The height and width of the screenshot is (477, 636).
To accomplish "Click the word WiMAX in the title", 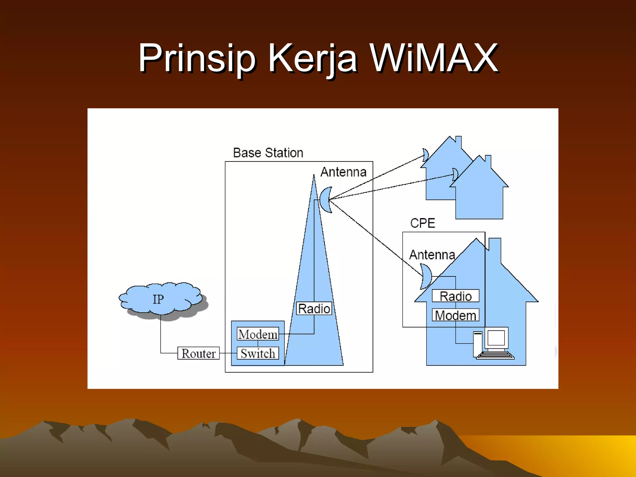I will click(434, 58).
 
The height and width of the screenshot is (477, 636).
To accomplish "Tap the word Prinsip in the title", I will click(197, 58).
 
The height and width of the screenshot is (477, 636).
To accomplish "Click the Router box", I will click(198, 353).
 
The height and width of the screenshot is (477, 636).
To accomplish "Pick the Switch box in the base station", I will click(258, 353).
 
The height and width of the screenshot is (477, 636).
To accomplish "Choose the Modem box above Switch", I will click(258, 334).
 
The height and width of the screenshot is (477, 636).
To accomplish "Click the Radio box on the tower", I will click(314, 309).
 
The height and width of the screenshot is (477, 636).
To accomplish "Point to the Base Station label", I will click(268, 153).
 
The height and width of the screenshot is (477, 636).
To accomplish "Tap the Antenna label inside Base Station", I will click(343, 172).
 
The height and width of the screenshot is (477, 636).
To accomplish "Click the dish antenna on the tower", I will click(326, 200).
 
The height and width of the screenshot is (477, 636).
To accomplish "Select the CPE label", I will click(422, 223).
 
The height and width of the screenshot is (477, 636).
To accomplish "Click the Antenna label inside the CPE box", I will click(432, 255).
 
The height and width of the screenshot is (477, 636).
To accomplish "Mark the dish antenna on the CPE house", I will click(425, 276).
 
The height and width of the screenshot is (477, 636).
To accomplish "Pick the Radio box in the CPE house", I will click(456, 296).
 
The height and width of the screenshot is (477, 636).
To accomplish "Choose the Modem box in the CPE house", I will click(456, 315).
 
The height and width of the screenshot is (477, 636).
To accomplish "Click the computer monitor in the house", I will click(496, 338).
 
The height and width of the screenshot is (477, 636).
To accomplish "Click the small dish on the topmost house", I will click(426, 155).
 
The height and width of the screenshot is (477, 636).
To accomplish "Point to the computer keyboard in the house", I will click(495, 355).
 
